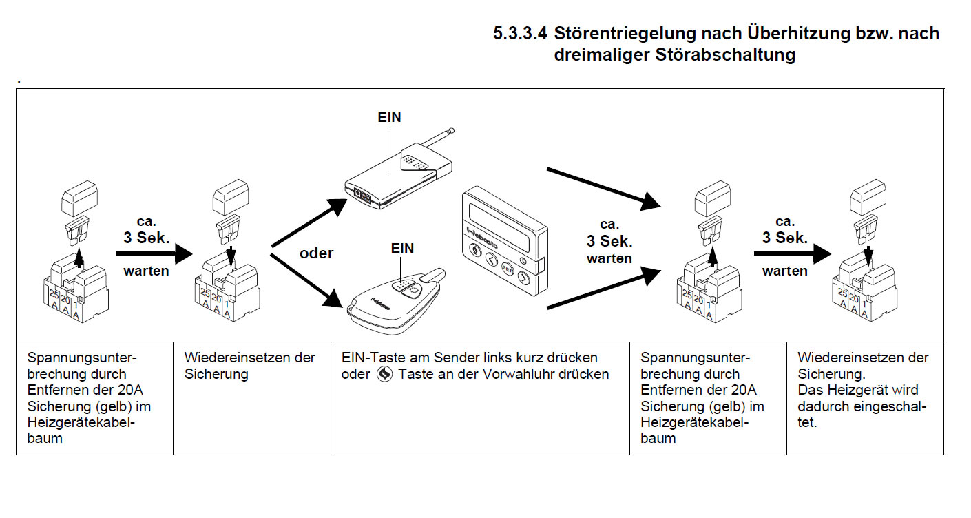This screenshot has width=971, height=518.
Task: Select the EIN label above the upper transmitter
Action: (389, 117)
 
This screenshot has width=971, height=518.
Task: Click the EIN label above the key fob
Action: (402, 249)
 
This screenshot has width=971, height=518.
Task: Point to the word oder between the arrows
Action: (317, 253)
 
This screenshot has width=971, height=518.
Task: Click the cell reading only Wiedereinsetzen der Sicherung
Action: (251, 366)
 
